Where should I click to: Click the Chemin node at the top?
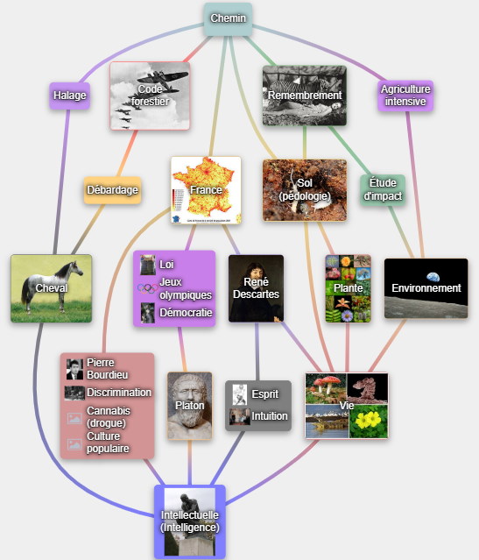click(x=228, y=19)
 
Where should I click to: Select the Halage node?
click(x=69, y=96)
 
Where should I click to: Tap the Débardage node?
click(x=112, y=190)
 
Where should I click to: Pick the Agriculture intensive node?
click(x=405, y=96)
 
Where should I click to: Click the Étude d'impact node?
click(x=383, y=189)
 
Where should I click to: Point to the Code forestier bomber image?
click(x=150, y=96)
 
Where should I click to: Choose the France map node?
click(x=206, y=190)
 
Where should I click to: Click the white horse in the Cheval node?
click(x=53, y=286)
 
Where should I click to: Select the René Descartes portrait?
click(x=257, y=288)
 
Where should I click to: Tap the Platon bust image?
click(x=189, y=406)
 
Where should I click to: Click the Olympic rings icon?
click(x=148, y=288)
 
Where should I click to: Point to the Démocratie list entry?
click(x=186, y=313)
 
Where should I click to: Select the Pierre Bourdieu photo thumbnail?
click(x=74, y=369)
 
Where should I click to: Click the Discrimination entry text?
click(x=119, y=393)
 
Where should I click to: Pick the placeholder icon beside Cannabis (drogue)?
click(x=74, y=418)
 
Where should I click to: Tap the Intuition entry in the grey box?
click(x=270, y=416)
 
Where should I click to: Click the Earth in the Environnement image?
click(x=433, y=277)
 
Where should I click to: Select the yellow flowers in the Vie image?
click(x=368, y=420)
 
